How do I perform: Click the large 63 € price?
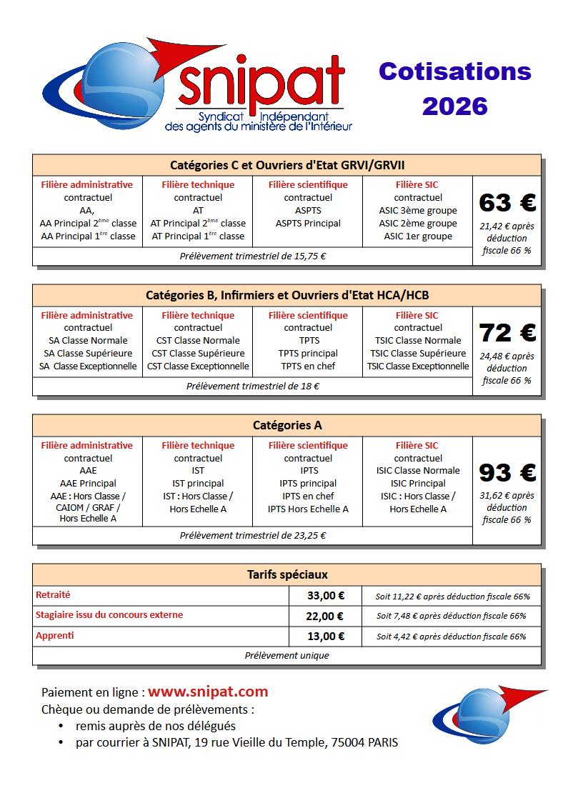pos(507,203)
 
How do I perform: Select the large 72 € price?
pos(507,333)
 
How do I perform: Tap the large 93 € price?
pos(507,473)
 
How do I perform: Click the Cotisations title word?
pos(455,71)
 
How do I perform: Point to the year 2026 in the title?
pos(455,106)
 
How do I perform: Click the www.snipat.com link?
pos(208,692)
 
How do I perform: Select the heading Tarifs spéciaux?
pos(287,574)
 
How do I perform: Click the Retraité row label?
pos(53,595)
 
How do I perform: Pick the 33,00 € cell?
pos(325,596)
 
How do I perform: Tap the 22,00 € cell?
pos(325,616)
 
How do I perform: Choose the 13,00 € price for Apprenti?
pos(325,636)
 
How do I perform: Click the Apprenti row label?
pos(54,635)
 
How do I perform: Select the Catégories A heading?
pos(287,425)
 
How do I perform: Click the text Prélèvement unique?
pos(287,655)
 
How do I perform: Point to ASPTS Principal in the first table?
pos(308,224)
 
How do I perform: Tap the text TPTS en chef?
pos(308,366)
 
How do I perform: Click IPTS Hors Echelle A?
pos(308,509)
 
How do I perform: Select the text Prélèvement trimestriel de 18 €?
pos(253,386)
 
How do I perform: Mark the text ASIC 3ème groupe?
pos(418,211)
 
